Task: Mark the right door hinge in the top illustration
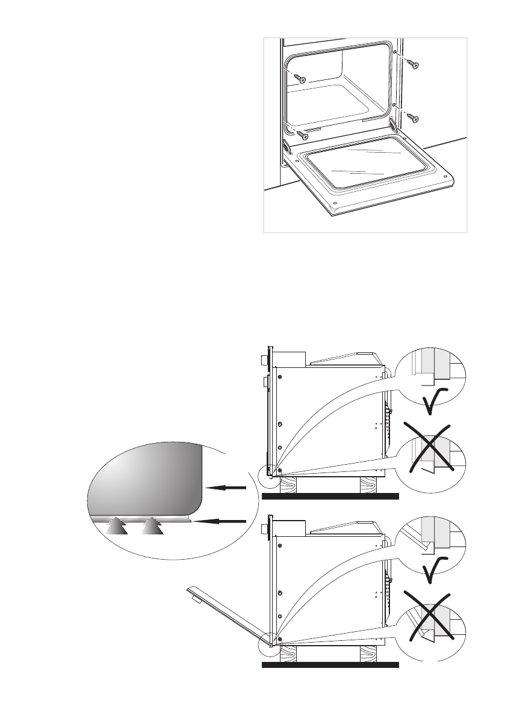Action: click(x=394, y=124)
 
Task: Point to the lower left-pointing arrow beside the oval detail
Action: click(x=222, y=521)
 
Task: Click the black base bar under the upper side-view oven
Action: click(x=330, y=497)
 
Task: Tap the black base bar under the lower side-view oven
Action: click(x=330, y=666)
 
